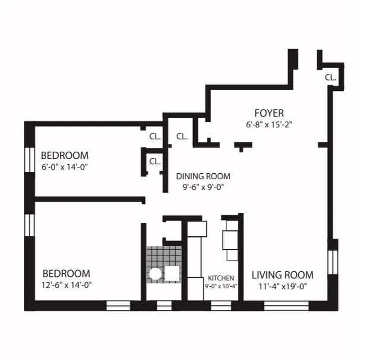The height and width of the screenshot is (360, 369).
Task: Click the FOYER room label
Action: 269,113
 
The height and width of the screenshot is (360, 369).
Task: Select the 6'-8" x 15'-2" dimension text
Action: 269,125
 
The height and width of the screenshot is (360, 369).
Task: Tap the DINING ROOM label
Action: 203,176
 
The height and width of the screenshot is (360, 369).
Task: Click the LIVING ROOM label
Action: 282,275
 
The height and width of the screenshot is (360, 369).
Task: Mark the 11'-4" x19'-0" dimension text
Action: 282,286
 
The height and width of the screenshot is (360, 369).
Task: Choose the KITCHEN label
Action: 221,278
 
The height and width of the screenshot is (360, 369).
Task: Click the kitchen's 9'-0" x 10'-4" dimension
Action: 221,286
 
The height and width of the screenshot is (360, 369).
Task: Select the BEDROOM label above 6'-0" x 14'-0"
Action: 65,156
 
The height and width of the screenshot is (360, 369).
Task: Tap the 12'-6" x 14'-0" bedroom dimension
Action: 67,285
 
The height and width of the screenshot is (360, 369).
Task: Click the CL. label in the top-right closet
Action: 330,77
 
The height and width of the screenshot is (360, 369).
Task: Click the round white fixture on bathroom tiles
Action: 155,273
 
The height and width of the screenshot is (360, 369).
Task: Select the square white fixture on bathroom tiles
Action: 172,273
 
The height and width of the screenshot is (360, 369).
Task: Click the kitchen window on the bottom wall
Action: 221,306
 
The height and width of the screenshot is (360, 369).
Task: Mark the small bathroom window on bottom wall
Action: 164,306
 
